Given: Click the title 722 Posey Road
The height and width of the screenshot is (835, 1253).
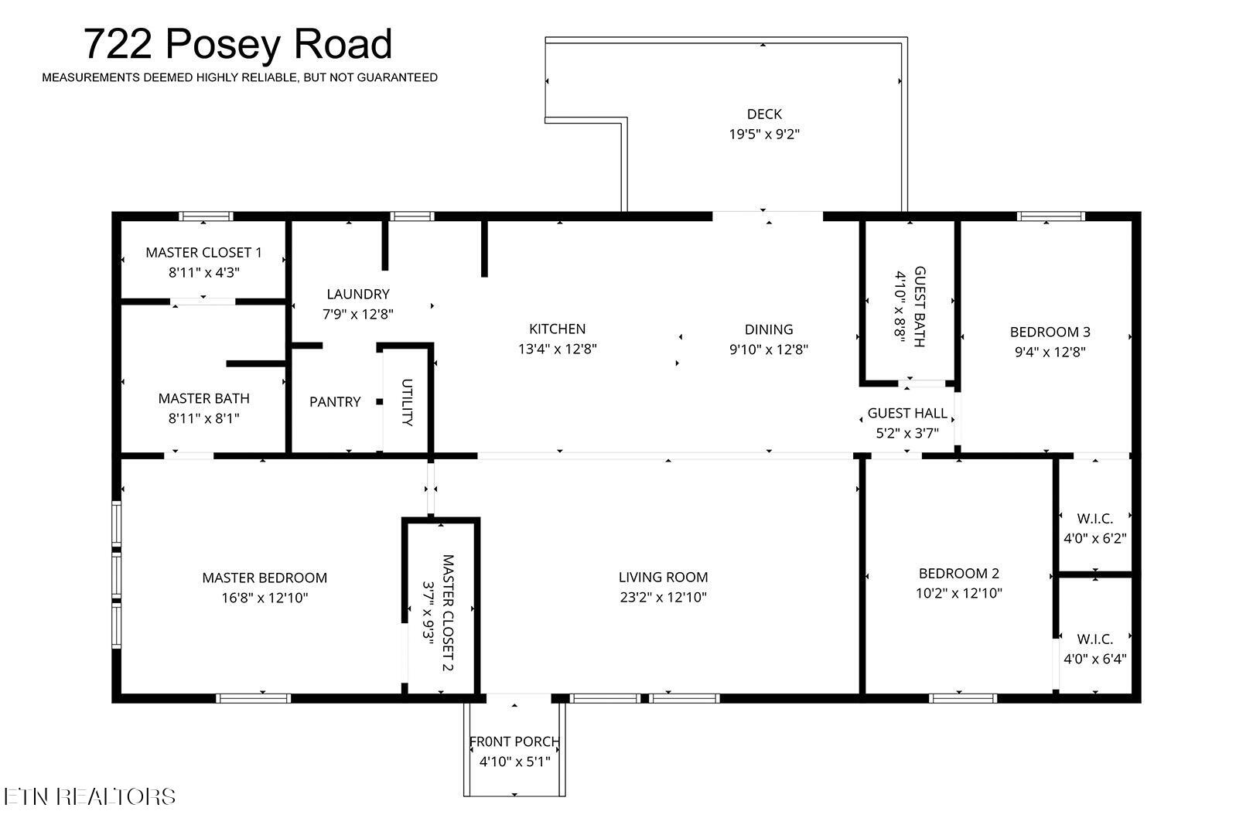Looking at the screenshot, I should click(x=237, y=44).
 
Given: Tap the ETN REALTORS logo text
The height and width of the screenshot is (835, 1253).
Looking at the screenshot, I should click(x=90, y=797).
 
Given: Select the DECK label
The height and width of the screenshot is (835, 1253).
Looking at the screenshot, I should click(x=764, y=114).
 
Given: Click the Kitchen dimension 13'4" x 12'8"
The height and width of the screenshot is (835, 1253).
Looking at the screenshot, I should click(x=557, y=349).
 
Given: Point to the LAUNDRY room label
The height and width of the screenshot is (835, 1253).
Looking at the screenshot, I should click(x=357, y=295).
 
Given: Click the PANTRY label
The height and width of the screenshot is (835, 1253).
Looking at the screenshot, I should click(x=335, y=402).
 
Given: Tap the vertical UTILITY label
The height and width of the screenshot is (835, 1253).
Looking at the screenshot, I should click(x=407, y=402).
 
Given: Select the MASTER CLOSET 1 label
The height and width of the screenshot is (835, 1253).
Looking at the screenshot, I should click(x=203, y=253).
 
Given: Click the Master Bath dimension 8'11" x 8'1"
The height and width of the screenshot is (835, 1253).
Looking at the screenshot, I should click(x=203, y=419).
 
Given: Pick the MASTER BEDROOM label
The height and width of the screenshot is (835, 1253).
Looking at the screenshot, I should click(x=265, y=578).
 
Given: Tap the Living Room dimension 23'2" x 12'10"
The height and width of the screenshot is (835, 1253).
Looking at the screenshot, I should click(x=663, y=598).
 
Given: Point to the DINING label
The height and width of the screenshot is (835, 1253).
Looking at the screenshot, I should click(x=769, y=329).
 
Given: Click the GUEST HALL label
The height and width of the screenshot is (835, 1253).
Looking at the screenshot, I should click(x=907, y=414).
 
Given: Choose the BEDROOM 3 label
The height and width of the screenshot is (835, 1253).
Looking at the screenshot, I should click(x=1050, y=332).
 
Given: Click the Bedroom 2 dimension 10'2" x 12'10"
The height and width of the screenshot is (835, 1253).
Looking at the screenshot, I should click(x=959, y=594).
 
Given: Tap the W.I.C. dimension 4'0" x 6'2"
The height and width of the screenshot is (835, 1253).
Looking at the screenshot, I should click(x=1094, y=539).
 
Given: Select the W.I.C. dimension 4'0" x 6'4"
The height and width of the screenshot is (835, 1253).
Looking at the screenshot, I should click(x=1094, y=659).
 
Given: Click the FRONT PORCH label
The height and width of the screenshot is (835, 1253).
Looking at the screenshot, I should click(x=514, y=742).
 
